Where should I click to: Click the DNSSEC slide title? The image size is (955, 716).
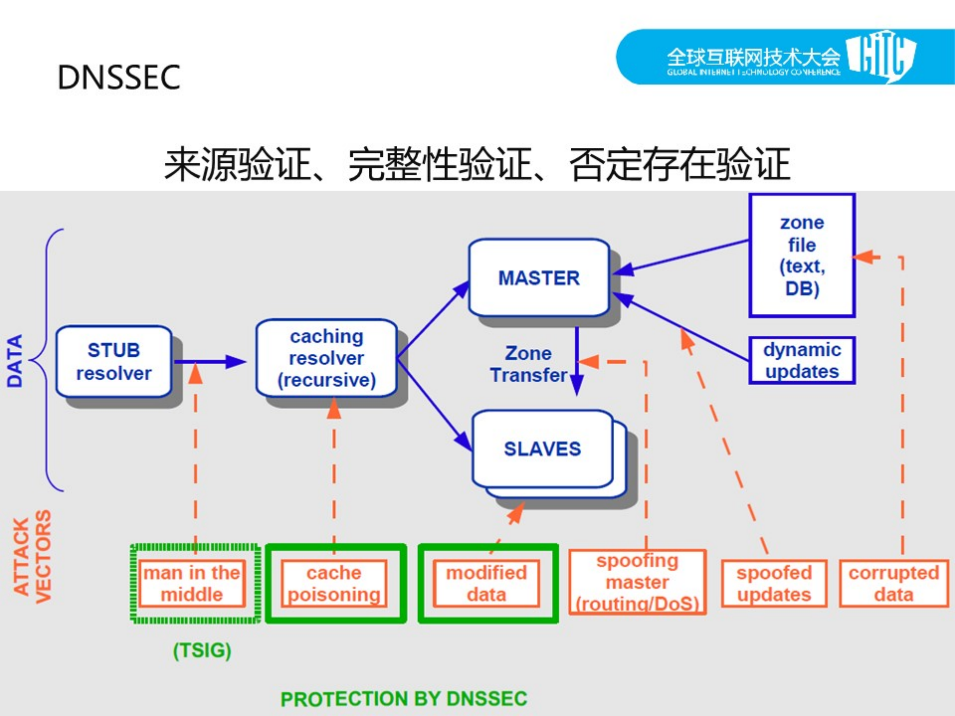click(x=119, y=78)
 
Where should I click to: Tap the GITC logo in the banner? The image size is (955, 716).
click(x=881, y=56)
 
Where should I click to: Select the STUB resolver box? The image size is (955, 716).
click(x=114, y=362)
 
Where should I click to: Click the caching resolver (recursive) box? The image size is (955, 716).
click(x=326, y=358)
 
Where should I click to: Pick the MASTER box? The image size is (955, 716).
click(x=539, y=278)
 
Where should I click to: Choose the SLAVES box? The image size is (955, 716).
click(x=542, y=448)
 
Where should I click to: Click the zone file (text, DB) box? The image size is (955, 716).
click(x=802, y=255)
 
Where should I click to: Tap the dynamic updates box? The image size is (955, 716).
click(x=802, y=361)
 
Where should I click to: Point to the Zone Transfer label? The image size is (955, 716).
click(x=528, y=364)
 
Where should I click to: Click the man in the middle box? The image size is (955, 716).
click(x=192, y=583)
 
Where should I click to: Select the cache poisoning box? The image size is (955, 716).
click(x=334, y=583)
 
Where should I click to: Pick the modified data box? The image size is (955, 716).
click(x=486, y=583)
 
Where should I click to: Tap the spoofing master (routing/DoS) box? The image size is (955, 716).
click(x=637, y=582)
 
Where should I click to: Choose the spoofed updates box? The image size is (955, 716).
click(x=774, y=583)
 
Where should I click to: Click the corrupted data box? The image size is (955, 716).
click(x=894, y=583)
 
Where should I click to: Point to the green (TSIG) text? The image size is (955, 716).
click(x=202, y=650)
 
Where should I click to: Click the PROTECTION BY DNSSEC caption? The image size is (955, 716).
click(x=404, y=699)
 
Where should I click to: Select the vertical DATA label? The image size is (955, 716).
click(x=15, y=361)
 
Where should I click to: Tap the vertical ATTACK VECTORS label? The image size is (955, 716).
click(x=32, y=556)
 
